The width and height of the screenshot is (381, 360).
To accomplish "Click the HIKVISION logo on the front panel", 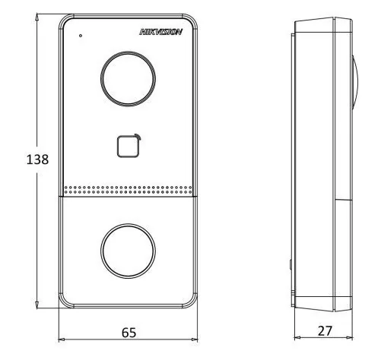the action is point(160,32).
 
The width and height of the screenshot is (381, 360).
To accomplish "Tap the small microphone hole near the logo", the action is point(81,36).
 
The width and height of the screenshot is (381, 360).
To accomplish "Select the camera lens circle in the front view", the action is point(128,79).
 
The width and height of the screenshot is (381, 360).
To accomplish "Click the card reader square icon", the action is point(129,147).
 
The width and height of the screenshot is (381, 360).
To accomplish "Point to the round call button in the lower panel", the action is point(128,251).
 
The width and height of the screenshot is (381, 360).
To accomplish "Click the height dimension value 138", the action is point(37,159).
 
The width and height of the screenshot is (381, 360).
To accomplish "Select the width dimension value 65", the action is point(129,333).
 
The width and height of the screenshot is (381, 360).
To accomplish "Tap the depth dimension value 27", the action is point(325,331).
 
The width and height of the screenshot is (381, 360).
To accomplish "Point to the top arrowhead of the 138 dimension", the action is point(37,17).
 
